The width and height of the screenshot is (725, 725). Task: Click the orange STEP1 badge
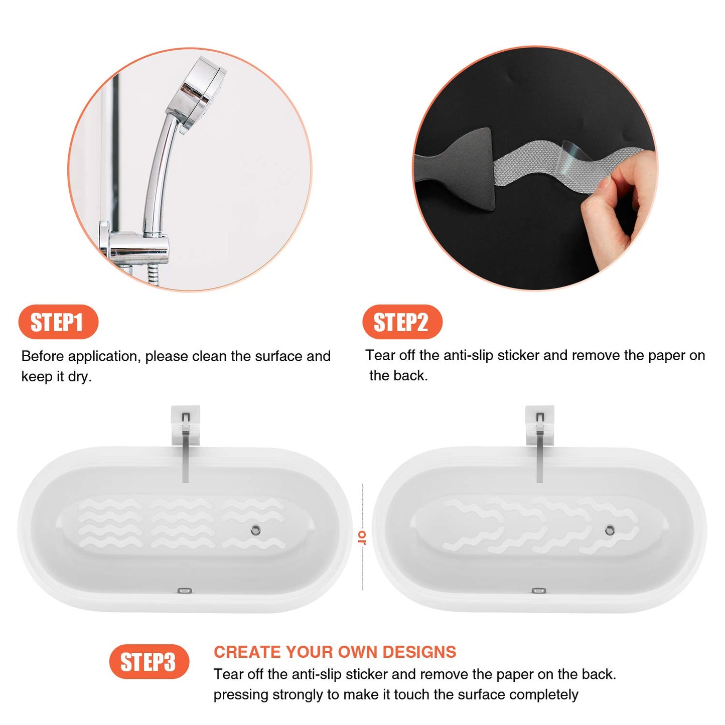[x=58, y=322]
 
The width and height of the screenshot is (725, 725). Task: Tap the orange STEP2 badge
[x=402, y=322]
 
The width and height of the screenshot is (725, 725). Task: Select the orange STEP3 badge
[x=149, y=662]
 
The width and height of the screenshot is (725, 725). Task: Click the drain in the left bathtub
[x=255, y=529]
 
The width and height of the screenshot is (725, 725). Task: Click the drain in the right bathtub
[x=610, y=529]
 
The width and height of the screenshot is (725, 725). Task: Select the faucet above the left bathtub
[x=186, y=442]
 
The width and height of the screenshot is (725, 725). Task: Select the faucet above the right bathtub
[x=540, y=442]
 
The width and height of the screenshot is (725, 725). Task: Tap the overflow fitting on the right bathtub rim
[x=539, y=591]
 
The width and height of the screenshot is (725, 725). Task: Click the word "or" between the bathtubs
[x=362, y=537]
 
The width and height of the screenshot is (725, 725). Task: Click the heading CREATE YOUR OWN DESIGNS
[x=335, y=652]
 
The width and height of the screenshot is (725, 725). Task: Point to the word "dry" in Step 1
[x=79, y=377]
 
